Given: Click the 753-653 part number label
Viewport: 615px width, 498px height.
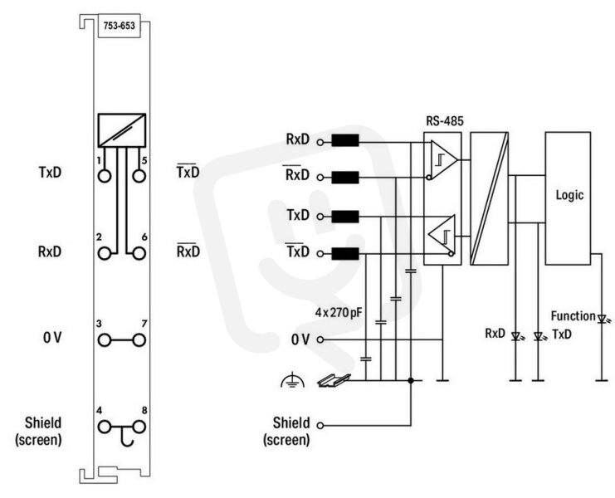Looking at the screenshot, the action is tap(119, 26).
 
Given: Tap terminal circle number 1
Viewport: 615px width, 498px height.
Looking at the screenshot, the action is tap(105, 176).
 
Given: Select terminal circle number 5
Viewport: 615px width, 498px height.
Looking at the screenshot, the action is tap(139, 176).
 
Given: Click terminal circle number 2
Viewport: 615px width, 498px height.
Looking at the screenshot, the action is tap(105, 253).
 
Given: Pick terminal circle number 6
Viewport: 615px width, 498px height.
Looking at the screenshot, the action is tap(139, 253).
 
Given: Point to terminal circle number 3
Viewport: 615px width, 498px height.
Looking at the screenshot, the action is tap(105, 340).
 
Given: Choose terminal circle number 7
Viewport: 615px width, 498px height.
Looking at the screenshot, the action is tap(139, 340).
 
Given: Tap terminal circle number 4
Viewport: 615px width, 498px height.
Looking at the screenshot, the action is tap(105, 427).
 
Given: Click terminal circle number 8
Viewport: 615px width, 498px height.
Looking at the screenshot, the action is tap(139, 427).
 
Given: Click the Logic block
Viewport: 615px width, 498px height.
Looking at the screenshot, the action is tap(568, 198).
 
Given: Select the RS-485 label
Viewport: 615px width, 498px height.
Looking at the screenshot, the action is tap(445, 121).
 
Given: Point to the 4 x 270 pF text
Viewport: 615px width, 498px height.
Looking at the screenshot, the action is tap(339, 313).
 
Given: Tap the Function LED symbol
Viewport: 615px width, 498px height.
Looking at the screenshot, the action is tap(602, 319).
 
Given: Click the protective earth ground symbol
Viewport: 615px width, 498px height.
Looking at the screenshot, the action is tap(292, 381).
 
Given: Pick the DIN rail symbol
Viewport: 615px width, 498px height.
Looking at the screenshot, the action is tap(334, 380).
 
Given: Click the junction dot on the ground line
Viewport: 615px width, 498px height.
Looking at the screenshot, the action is tap(411, 380).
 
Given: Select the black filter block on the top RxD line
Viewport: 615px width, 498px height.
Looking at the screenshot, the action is tap(345, 140).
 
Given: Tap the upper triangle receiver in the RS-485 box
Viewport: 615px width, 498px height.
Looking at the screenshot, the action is tap(443, 159).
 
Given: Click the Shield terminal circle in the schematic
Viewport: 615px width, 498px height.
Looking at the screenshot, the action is tap(320, 426).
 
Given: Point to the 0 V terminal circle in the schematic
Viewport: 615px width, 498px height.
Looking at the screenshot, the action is tap(320, 339).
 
